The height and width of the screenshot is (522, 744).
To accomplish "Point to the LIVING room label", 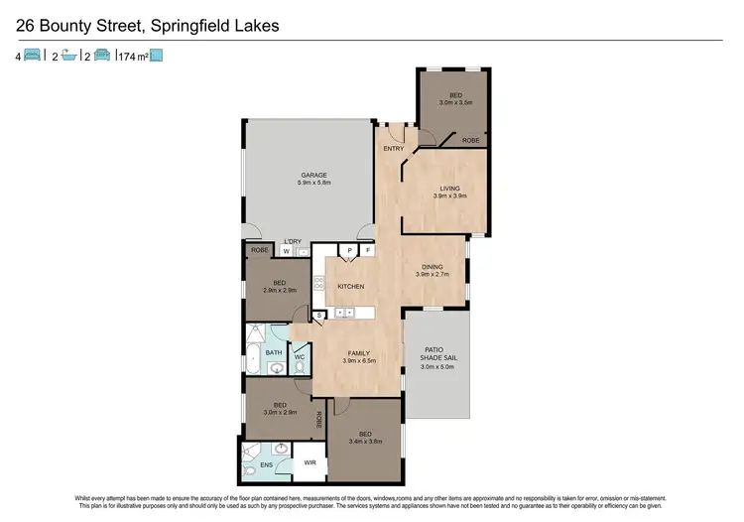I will click(449, 188).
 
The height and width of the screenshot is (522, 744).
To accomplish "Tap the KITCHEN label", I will click(351, 287).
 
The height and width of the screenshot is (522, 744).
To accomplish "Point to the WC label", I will click(299, 355).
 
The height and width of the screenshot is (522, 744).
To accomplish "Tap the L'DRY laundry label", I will click(293, 242).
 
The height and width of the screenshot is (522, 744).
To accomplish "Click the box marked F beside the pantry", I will click(367, 251).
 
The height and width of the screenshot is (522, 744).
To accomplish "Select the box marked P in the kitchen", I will click(349, 251).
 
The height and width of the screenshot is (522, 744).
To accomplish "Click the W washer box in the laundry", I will click(286, 252).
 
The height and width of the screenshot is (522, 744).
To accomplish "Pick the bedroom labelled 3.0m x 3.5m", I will click(454, 101).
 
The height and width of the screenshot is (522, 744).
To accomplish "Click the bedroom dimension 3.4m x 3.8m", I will click(365, 442).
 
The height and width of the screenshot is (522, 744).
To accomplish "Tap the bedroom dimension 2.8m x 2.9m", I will click(280, 291).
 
